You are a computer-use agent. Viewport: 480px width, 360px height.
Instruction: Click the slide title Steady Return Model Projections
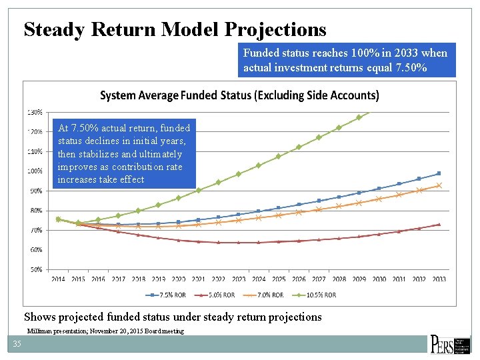[x=175, y=29]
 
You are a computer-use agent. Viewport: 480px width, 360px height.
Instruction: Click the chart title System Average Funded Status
[x=239, y=95]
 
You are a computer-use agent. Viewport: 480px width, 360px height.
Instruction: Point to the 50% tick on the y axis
[x=35, y=269]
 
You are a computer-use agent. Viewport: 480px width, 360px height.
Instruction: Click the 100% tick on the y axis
[x=35, y=171]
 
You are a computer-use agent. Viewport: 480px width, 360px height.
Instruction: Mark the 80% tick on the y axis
[x=35, y=210]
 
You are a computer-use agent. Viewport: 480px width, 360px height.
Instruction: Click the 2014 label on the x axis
[x=58, y=279]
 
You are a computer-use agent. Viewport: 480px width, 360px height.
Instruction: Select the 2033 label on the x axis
[x=439, y=279]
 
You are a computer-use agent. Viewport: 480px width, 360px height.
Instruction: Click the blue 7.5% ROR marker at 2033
[x=439, y=173]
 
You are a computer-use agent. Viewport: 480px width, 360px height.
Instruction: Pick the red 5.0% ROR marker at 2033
[x=439, y=225]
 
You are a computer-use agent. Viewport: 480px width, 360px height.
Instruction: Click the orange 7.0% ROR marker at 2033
[x=439, y=185]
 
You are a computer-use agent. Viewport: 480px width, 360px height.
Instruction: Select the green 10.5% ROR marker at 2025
[x=278, y=156]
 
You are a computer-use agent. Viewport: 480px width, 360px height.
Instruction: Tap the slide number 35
[x=17, y=344]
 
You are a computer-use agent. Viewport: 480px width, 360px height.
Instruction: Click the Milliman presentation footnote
[x=105, y=331]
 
